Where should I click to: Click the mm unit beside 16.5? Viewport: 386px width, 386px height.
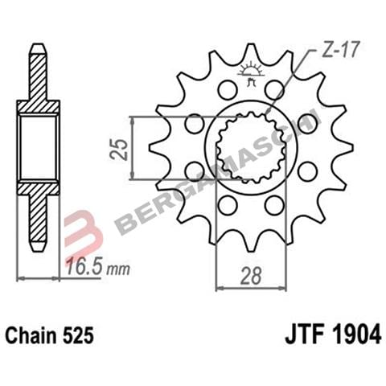tap(119, 269)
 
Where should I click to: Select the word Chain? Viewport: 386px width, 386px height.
tap(32, 334)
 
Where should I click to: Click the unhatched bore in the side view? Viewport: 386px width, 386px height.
tap(38, 148)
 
